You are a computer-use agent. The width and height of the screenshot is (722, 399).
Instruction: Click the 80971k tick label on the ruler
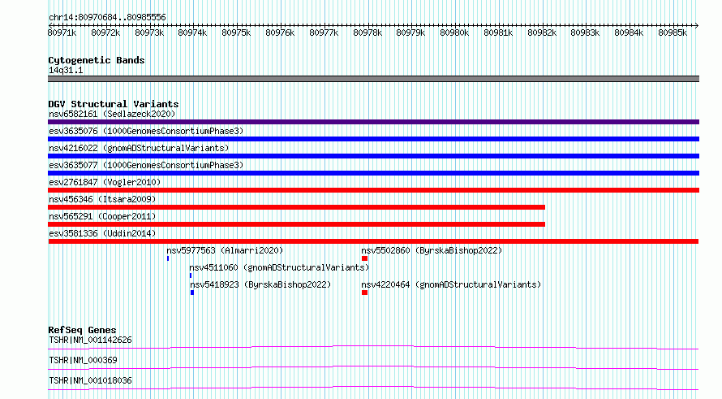62,33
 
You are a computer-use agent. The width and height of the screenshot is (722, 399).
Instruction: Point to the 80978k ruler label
367,33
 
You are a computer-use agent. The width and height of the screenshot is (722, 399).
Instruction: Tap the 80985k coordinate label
673,33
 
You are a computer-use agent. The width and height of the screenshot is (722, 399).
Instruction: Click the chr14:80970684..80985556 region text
107,17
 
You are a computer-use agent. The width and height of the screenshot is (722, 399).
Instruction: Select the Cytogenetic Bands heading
97,60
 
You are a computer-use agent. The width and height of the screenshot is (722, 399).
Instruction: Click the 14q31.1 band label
66,70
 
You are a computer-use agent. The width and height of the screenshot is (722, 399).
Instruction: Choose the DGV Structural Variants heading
114,104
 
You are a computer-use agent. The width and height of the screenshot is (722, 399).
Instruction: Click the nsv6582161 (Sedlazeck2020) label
112,114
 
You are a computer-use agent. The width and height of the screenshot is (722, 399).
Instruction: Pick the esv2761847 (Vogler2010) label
105,182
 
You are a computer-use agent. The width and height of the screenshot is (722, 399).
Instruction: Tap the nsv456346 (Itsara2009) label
102,199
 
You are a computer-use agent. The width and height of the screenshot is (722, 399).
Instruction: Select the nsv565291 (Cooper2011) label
102,216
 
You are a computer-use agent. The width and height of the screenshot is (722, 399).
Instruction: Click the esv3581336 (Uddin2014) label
102,233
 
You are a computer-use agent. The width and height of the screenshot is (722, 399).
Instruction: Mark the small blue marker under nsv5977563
168,258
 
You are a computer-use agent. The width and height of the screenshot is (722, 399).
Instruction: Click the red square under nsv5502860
365,258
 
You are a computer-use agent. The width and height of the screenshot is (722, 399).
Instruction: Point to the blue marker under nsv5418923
192,293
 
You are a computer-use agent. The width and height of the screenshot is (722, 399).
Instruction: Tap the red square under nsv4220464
365,293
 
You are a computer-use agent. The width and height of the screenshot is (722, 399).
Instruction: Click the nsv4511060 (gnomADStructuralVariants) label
279,267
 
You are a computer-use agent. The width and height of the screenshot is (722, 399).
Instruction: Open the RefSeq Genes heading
82,330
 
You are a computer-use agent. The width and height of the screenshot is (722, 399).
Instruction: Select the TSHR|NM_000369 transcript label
83,360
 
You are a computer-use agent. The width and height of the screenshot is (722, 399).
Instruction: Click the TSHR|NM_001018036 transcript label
90,380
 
